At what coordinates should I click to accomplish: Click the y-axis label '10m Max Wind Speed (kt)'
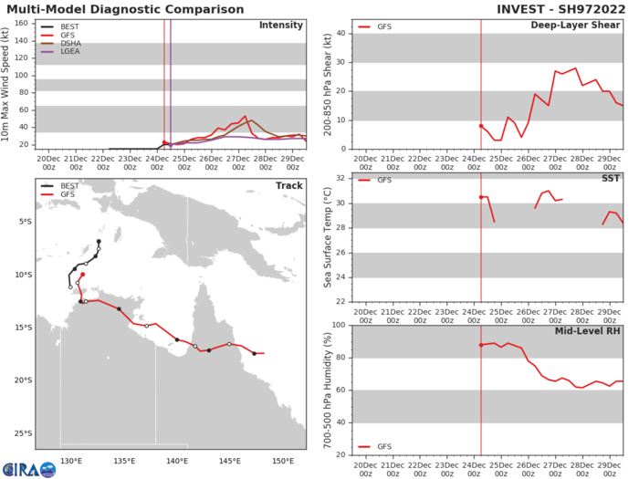tap(8, 83)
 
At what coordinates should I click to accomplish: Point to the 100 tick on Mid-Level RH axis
tap(340, 326)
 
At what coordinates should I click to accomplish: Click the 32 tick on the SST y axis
tap(342, 178)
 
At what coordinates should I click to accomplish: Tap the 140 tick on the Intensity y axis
tap(21, 43)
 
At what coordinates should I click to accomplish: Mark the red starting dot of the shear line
tap(481, 126)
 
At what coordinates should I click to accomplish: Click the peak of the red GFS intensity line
tap(245, 117)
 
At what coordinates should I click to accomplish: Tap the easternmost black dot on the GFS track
tap(255, 353)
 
